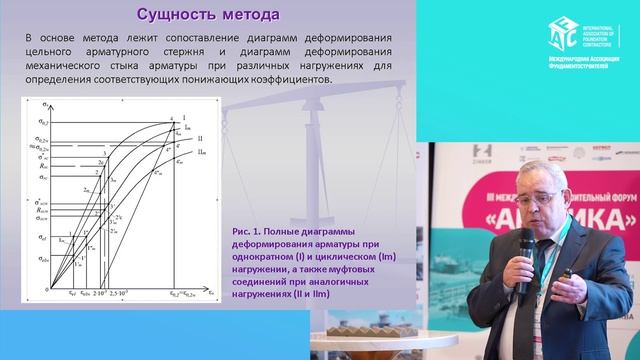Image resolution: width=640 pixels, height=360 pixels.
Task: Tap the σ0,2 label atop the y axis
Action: pyautogui.click(x=39, y=118)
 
